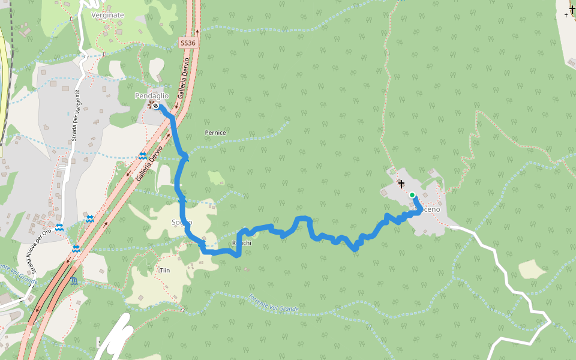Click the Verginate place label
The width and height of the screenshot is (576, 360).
pos(107,15)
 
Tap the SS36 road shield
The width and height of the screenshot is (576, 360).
pos(188,43)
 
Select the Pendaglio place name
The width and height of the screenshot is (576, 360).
pos(152,96)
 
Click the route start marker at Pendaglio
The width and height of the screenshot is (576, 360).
pos(155,106)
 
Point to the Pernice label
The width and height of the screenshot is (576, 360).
pos(215,133)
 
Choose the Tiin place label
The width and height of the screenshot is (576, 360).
pos(165,271)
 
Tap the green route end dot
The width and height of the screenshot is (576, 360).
pos(412,195)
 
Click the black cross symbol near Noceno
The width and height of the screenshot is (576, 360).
pos(401,184)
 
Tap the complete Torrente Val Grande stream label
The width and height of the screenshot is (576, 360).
pos(274,303)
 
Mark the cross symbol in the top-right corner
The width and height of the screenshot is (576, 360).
pos(572,9)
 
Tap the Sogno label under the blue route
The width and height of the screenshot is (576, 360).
pos(182,223)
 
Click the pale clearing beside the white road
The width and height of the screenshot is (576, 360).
pos(532,269)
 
